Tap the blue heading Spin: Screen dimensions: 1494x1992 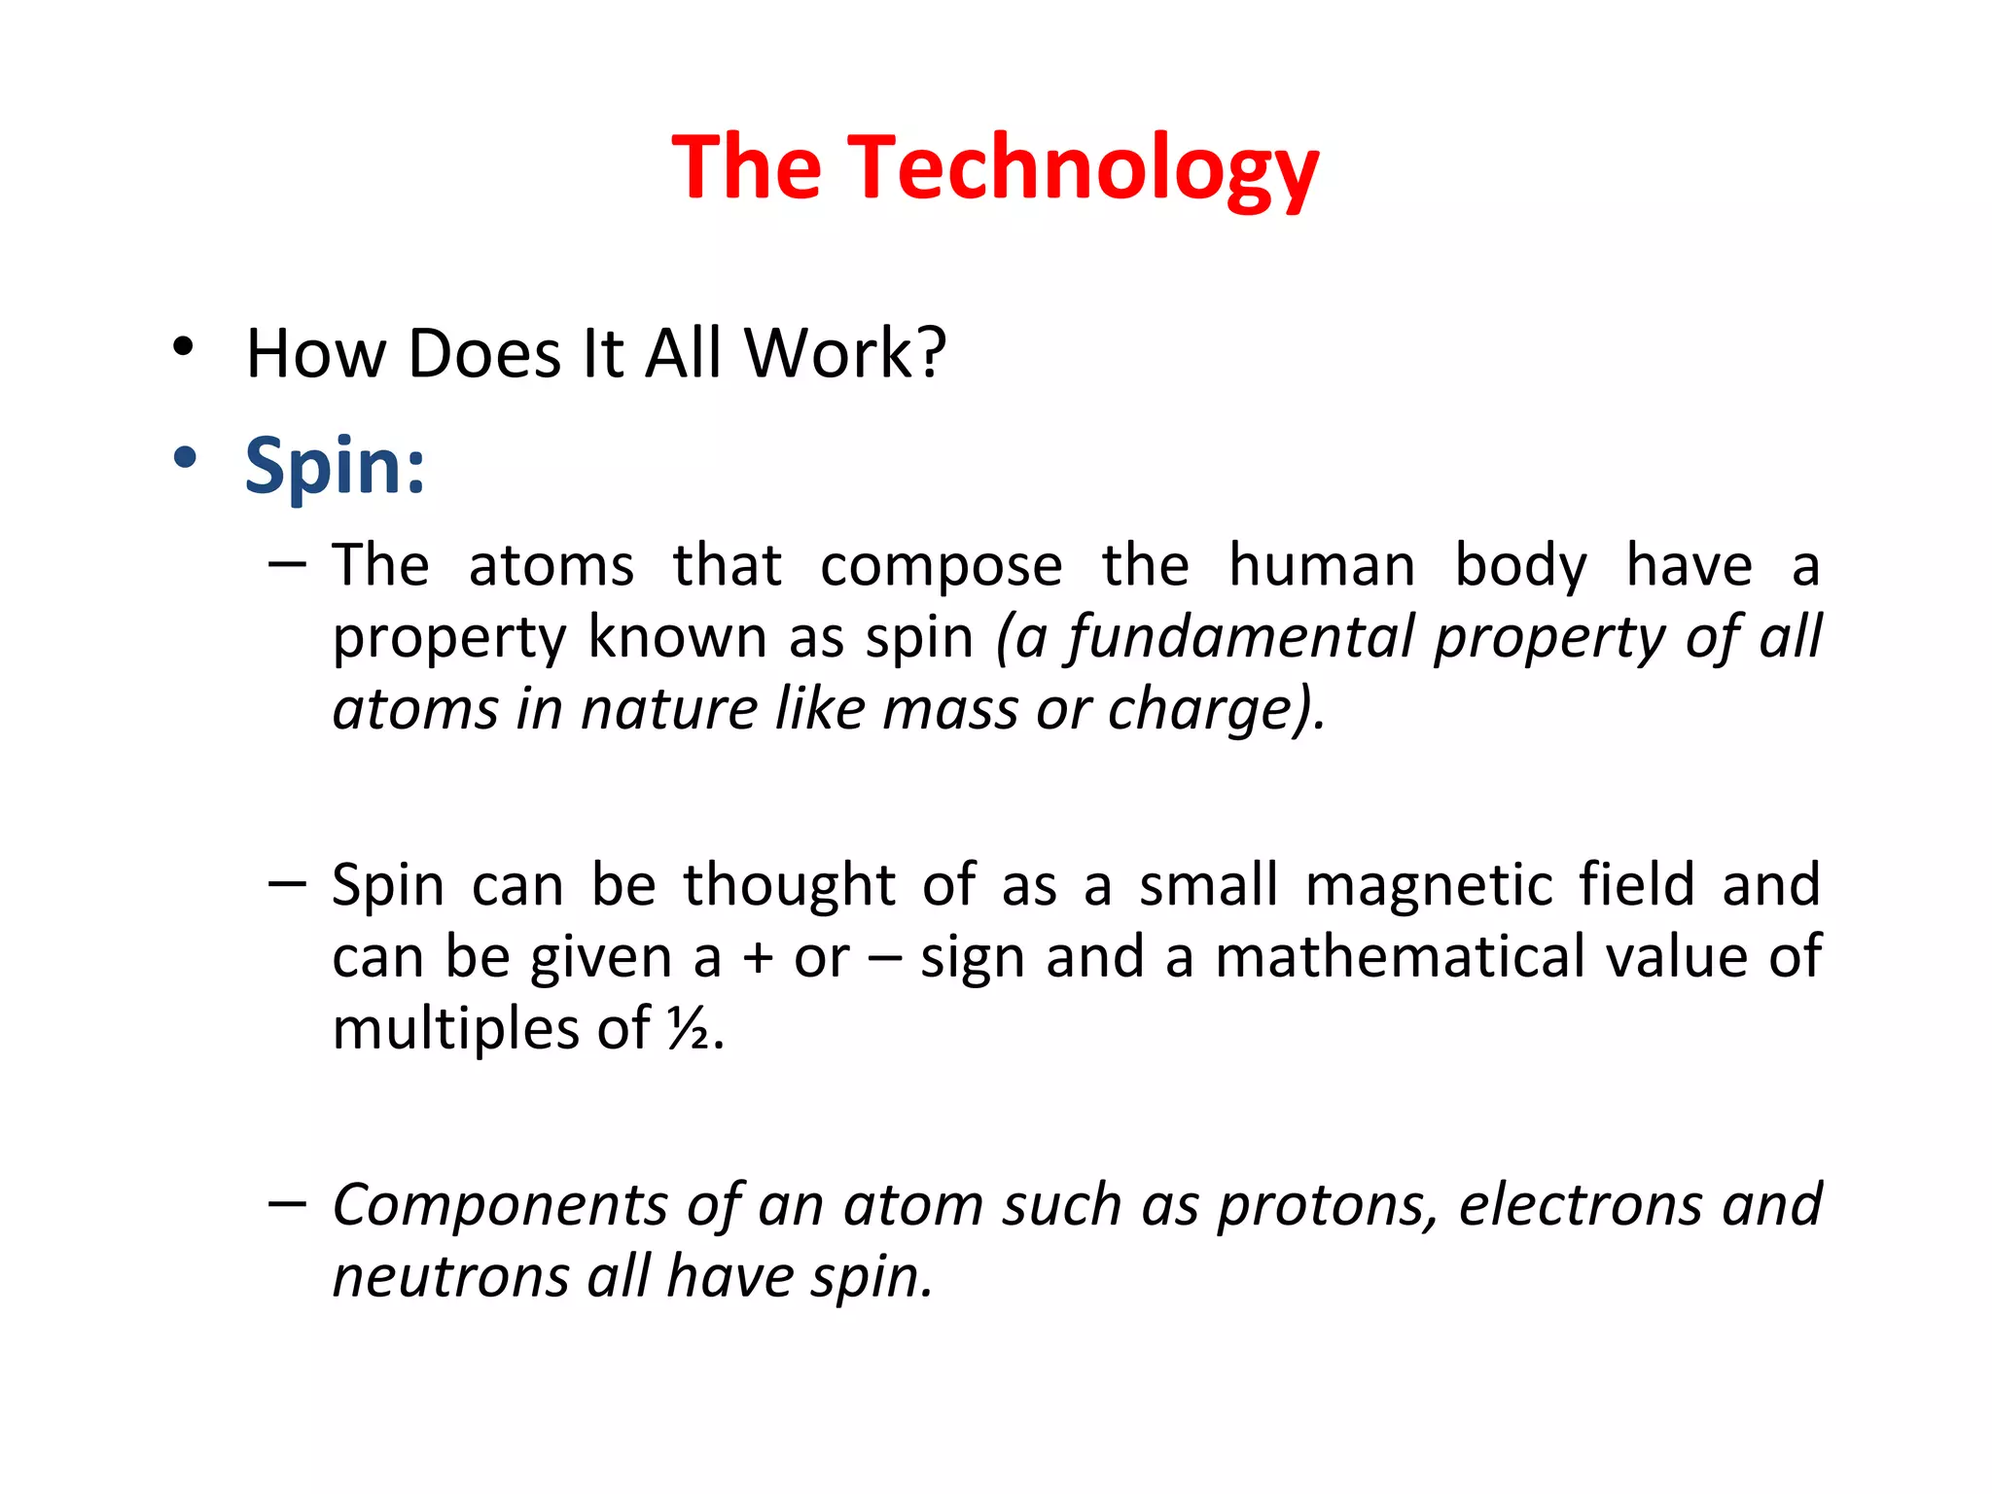[x=335, y=467]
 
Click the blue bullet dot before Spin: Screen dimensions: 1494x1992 [x=184, y=456]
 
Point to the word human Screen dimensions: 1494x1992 [x=1322, y=565]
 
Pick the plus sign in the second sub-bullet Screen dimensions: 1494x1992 [x=758, y=958]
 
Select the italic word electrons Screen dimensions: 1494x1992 [x=1580, y=1205]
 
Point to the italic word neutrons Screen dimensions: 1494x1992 [x=450, y=1277]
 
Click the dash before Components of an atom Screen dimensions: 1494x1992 [x=287, y=1205]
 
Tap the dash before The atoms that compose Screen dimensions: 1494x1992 [x=287, y=564]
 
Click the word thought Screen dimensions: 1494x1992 [x=789, y=886]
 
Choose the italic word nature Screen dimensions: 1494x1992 [x=668, y=709]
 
